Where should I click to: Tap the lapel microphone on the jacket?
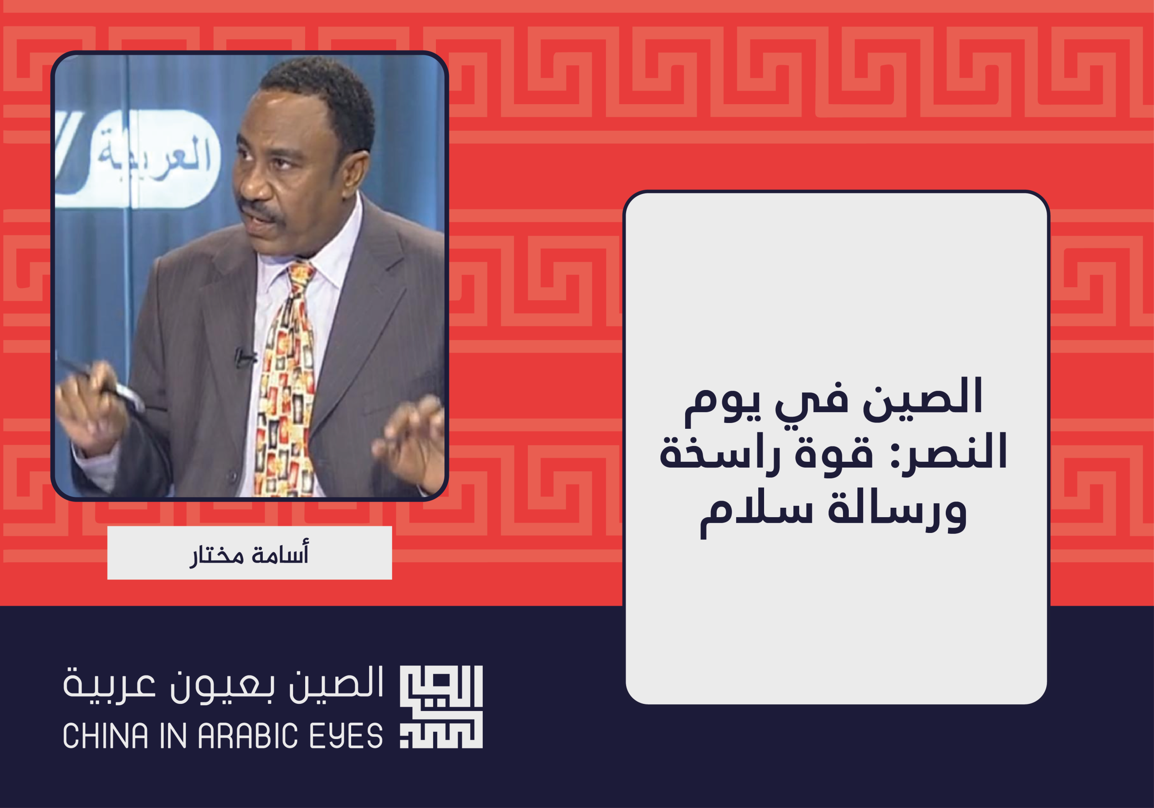[244, 358]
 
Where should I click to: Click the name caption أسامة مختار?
[249, 554]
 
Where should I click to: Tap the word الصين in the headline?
[923, 397]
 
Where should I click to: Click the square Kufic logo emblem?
[441, 707]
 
